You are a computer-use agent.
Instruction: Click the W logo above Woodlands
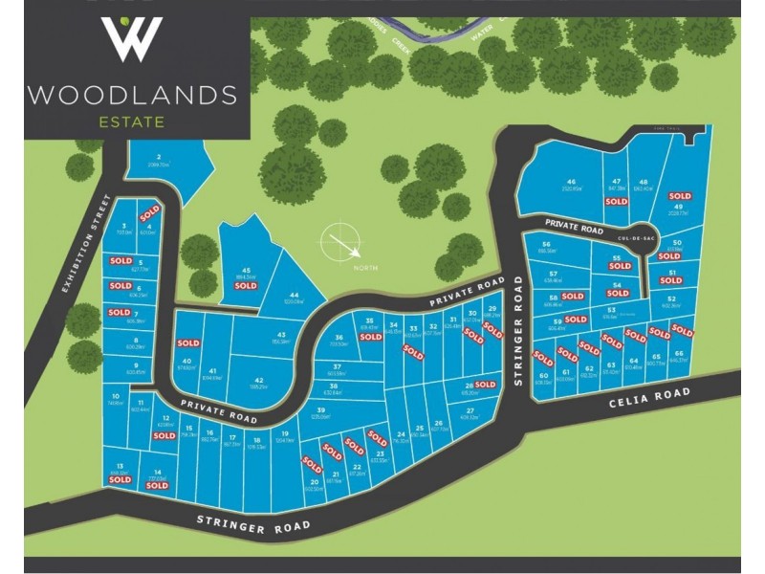coord(132,39)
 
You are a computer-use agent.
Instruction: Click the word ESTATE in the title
coord(132,121)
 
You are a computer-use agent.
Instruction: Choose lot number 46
coord(571,182)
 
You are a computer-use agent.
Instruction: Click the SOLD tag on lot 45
coord(246,285)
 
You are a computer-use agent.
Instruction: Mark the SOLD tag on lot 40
coord(188,342)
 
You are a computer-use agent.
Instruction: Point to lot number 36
coord(339,338)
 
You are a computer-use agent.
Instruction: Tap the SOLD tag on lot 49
coord(680,196)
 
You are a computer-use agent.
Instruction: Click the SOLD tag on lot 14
coord(157,486)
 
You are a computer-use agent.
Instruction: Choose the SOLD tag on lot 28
coord(485,385)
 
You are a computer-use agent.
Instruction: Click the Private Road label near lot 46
coord(574,230)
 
